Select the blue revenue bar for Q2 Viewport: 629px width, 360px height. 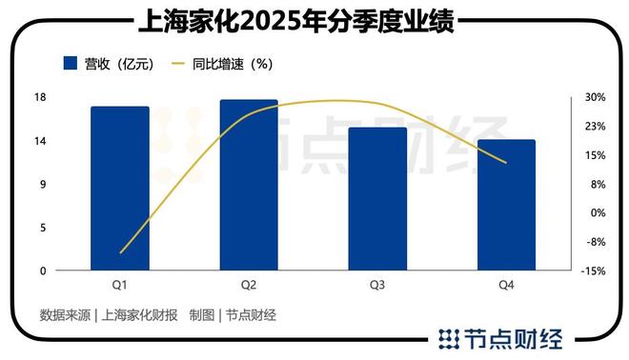pos(249,185)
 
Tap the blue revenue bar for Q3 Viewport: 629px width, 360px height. pos(377,199)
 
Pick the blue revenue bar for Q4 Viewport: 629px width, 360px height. pos(506,205)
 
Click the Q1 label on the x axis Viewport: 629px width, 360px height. pos(120,285)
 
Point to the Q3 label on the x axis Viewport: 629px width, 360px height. pos(377,285)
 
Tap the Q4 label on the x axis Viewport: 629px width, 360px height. pos(506,285)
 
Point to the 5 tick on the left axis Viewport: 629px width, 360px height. pos(41,228)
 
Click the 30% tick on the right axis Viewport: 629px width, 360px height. pos(595,97)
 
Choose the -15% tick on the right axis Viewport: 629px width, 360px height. pos(595,270)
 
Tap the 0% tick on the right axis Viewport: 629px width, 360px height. pos(595,212)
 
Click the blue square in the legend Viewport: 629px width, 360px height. pos(70,64)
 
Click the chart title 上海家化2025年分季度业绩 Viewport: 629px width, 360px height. pos(314,20)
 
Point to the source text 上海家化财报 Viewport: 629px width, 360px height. pos(141,314)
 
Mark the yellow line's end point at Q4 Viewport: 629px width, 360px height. pos(506,163)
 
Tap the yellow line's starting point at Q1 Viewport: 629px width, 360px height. pos(120,253)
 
